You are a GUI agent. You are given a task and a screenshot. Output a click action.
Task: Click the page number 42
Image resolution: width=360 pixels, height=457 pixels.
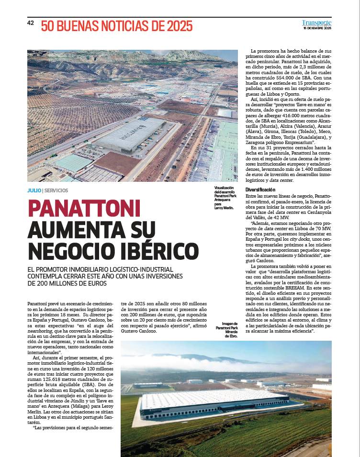coord(30,23)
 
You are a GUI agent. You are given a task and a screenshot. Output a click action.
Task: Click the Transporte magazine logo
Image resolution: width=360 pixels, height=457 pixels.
coord(316,22)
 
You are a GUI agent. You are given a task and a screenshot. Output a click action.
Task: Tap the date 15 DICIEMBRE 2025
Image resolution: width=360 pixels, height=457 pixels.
coord(317,29)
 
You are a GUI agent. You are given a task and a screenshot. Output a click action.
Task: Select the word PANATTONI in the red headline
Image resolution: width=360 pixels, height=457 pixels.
coord(84,208)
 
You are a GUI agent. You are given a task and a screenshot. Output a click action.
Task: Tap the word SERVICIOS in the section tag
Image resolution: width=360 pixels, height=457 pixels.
coord(56,190)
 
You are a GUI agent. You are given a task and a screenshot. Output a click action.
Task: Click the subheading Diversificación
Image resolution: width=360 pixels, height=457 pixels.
coord(263,190)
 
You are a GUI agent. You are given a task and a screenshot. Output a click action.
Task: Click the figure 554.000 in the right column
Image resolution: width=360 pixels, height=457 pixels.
coord(287,78)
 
